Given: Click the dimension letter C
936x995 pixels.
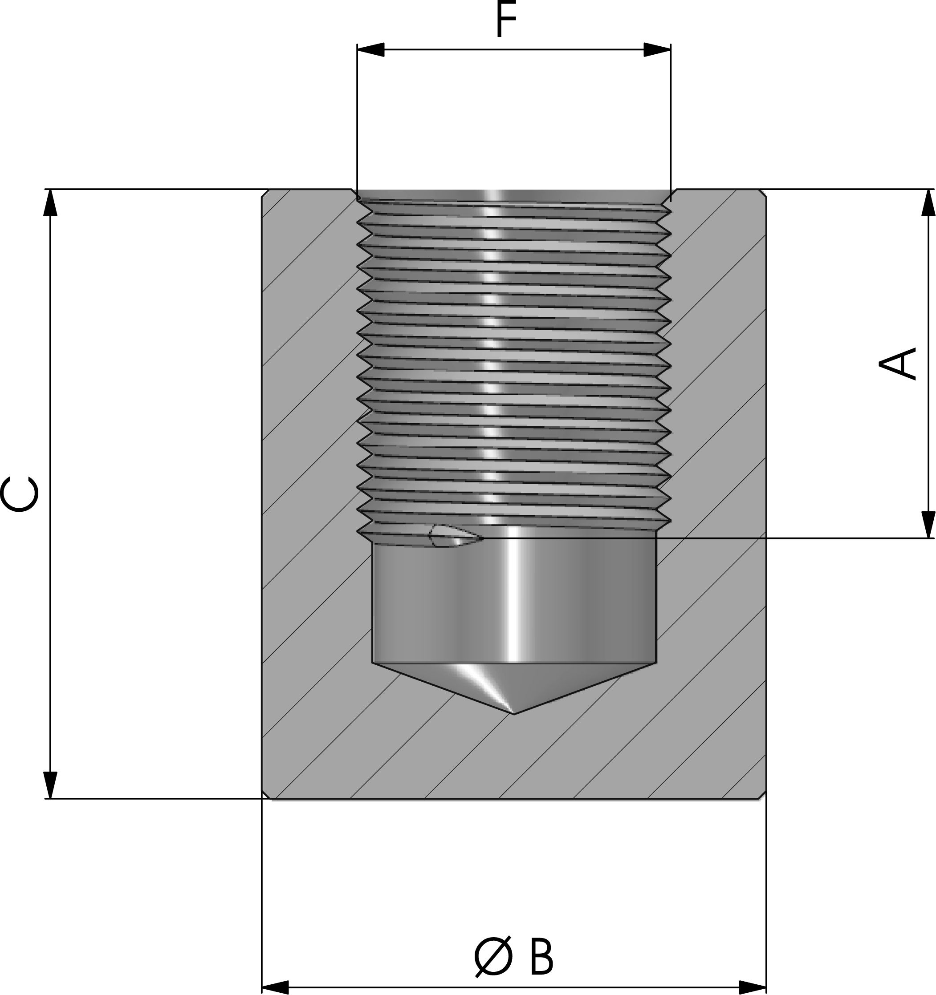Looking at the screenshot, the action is click(x=19, y=495).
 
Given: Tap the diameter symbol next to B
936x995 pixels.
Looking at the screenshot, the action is click(x=494, y=956).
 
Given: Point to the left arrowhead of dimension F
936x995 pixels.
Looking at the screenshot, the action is click(x=370, y=49).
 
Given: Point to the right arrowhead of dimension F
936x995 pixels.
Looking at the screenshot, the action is click(x=657, y=49).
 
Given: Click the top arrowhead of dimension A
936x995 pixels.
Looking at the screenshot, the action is click(x=928, y=203).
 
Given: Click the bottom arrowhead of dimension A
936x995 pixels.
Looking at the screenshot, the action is click(x=928, y=525).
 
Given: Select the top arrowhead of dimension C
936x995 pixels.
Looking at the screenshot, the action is click(x=50, y=203).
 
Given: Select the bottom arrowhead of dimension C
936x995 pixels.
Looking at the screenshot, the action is click(x=50, y=785).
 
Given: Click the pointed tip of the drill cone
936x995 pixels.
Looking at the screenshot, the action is click(x=515, y=714).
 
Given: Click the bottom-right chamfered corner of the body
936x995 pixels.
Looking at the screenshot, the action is click(x=762, y=794).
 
